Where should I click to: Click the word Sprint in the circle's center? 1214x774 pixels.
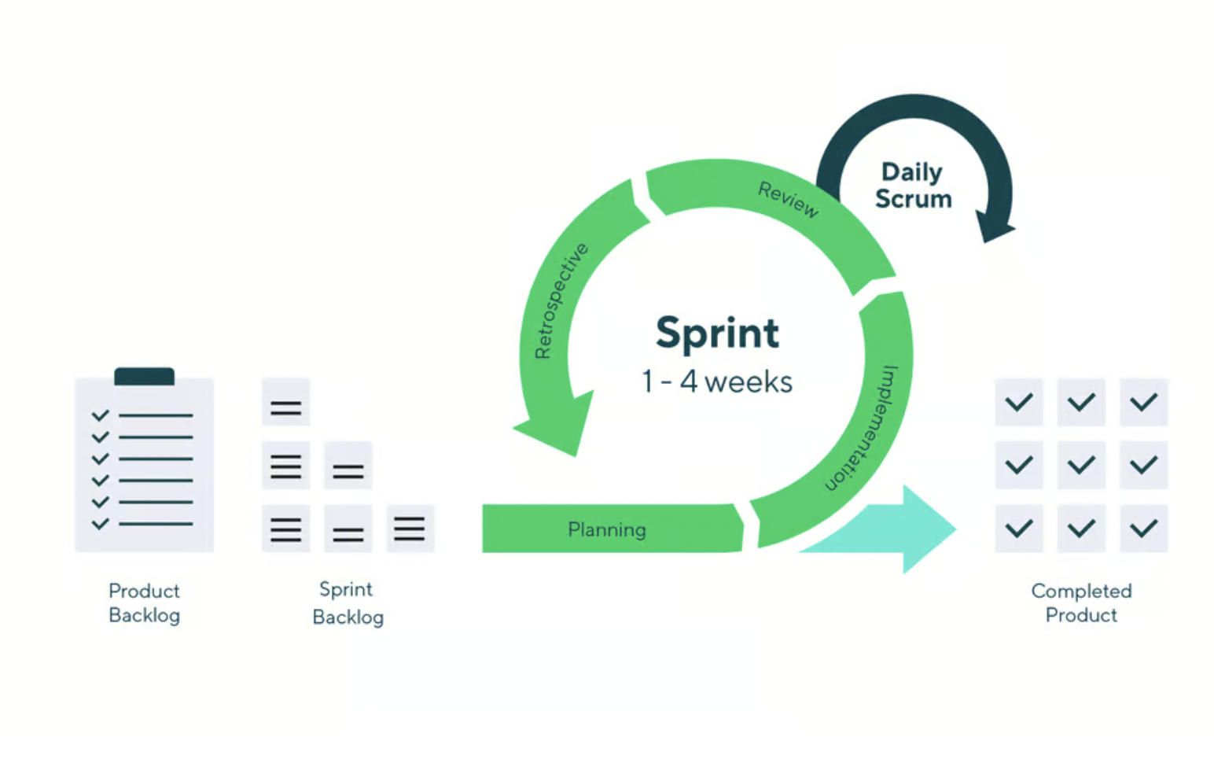click(717, 334)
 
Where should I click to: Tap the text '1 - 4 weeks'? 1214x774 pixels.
click(717, 381)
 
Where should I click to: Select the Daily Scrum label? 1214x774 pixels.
click(913, 186)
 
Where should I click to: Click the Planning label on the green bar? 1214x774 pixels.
click(606, 529)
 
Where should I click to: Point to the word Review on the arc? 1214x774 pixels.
click(789, 200)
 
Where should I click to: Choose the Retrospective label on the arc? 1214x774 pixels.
click(561, 300)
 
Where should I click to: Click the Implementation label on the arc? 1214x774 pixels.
click(862, 429)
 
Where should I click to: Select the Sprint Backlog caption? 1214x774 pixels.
click(348, 603)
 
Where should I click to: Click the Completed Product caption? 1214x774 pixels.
click(1081, 603)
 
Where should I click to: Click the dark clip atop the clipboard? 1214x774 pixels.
click(144, 376)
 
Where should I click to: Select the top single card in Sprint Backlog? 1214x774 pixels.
click(285, 402)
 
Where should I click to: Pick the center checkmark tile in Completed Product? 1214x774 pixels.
click(1081, 465)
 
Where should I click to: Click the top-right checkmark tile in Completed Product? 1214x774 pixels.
click(1143, 402)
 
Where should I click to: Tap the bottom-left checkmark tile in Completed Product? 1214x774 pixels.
click(1019, 529)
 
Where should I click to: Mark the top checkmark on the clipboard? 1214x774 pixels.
click(101, 416)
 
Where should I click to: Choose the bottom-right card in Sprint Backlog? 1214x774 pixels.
click(410, 529)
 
